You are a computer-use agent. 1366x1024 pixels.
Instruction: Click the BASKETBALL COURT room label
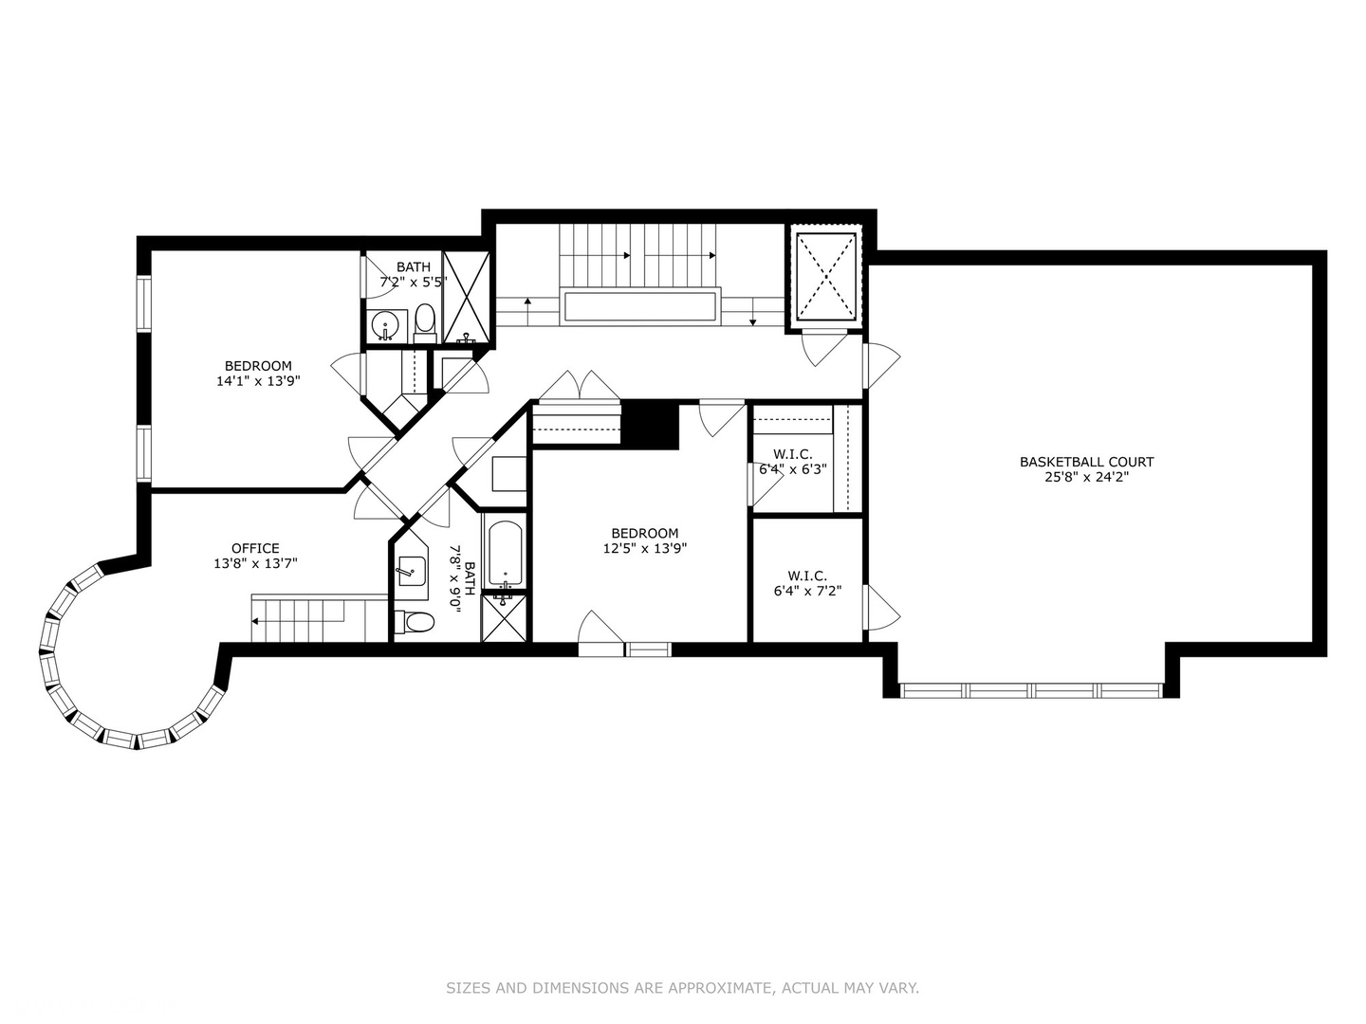pos(1086,462)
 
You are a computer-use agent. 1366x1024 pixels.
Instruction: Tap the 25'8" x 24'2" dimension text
pos(1086,477)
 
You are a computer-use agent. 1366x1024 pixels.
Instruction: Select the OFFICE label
pos(255,548)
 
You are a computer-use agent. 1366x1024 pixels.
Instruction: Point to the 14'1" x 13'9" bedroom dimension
pos(258,381)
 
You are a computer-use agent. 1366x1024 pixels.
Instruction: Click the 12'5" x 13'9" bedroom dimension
pos(644,548)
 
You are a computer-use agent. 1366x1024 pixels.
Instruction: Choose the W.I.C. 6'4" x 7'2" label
pos(807,583)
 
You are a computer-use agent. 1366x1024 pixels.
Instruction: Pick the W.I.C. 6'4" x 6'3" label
pos(793,461)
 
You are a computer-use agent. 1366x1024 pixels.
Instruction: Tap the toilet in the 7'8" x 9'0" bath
pos(415,622)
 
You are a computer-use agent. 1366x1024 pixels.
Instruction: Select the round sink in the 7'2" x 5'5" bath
pos(386,324)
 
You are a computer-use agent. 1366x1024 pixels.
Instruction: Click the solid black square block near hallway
pos(650,425)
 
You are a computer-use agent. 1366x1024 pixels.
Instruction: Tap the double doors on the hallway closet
pos(580,388)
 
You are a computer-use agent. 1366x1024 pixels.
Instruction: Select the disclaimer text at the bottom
pos(682,988)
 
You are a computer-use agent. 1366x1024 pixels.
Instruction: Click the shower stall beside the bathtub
pos(504,616)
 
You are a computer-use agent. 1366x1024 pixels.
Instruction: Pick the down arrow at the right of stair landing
pos(752,311)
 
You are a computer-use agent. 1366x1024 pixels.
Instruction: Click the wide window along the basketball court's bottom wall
pos(1031,690)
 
